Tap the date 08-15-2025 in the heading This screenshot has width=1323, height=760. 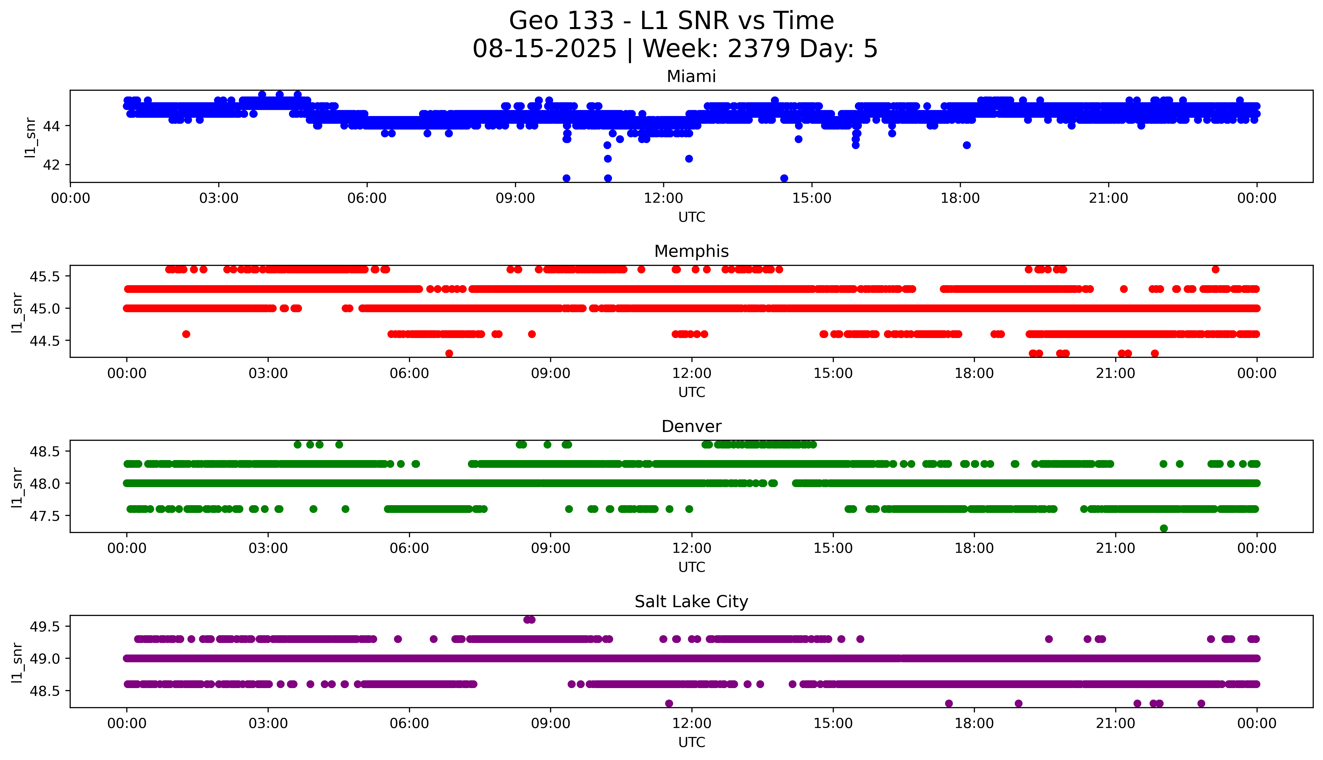(x=544, y=49)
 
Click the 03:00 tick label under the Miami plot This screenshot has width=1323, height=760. (x=219, y=198)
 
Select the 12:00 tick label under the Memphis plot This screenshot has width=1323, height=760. (x=691, y=373)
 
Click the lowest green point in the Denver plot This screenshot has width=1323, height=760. (x=1163, y=528)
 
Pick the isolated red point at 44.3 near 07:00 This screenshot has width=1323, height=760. (x=449, y=353)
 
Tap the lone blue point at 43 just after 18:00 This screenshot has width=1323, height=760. (x=967, y=145)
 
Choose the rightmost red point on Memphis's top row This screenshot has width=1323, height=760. (x=1215, y=269)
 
